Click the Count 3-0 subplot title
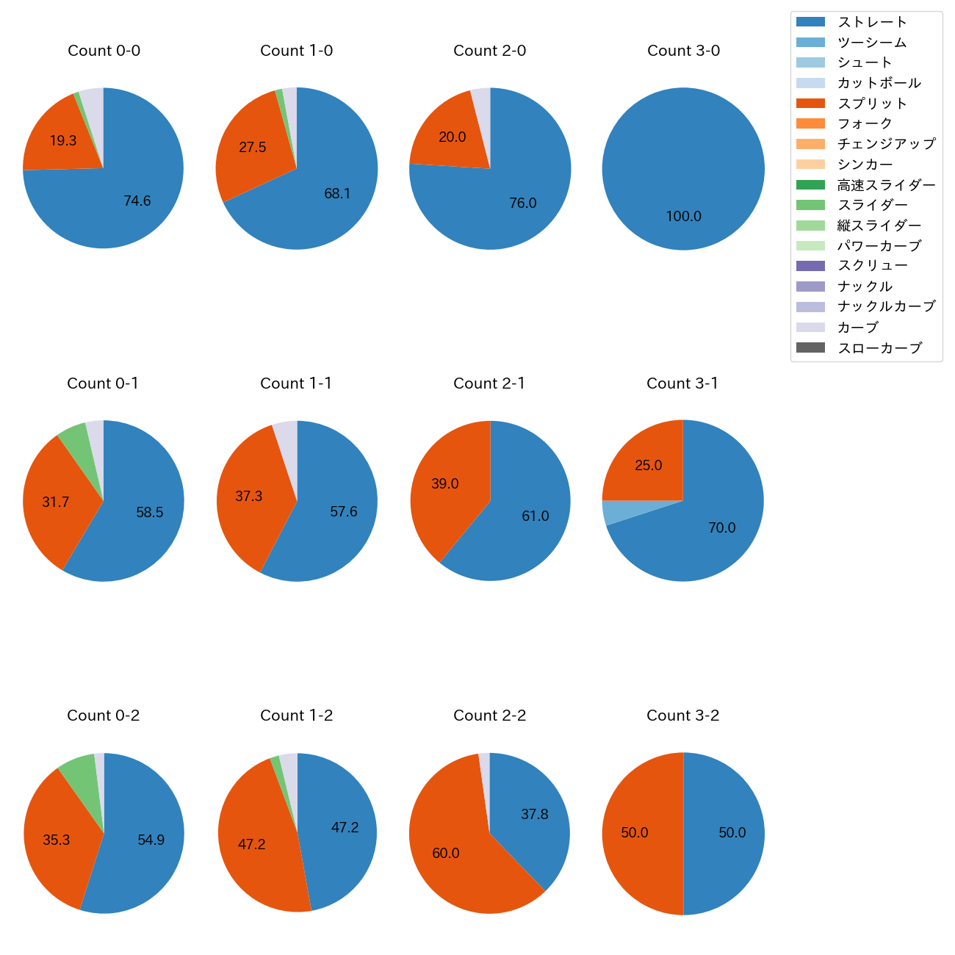tap(683, 51)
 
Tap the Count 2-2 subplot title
tap(489, 716)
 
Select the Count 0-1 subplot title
tap(103, 383)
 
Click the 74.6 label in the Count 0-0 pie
tap(137, 201)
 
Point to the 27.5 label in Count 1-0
tap(253, 148)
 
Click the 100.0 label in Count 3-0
tap(683, 217)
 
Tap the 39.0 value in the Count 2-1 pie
tap(445, 483)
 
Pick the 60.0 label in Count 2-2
tap(446, 853)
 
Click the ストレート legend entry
tap(872, 22)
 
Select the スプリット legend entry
tap(872, 104)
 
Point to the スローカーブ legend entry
tap(879, 348)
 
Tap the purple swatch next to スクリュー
tap(810, 266)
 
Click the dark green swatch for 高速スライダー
tap(810, 184)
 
